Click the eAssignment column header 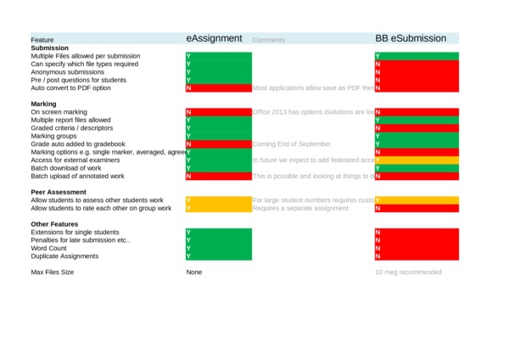pos(215,38)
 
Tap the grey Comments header pos(269,40)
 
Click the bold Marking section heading pos(43,104)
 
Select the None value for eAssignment pos(195,273)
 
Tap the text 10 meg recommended pos(408,273)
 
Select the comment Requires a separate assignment pos(300,208)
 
